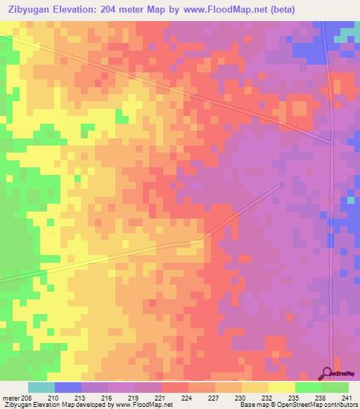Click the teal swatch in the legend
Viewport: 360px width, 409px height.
[x=41, y=387]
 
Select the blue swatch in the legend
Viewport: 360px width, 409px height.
[x=68, y=387]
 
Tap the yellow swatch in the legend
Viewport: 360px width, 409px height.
[x=281, y=387]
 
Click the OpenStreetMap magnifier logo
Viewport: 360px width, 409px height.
[x=326, y=373]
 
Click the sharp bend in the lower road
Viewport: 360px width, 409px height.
[x=202, y=241]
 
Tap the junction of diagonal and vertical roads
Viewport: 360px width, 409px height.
[x=331, y=143]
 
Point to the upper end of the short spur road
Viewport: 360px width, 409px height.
[x=281, y=185]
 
